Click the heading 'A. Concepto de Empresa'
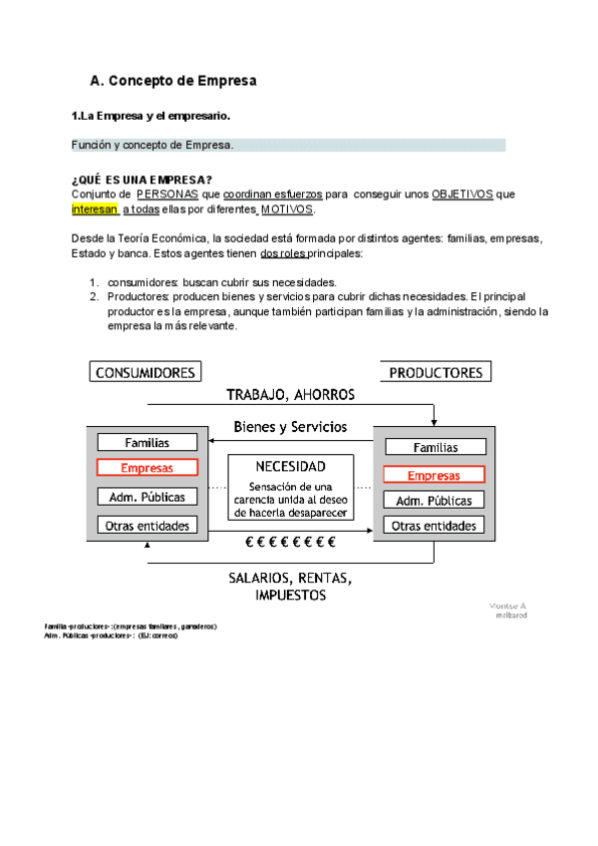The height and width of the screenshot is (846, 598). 173,80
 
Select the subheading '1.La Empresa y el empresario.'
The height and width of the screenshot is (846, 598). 150,116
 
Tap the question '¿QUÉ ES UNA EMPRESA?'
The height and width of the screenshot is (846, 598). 142,180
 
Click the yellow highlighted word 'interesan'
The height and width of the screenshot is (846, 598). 95,211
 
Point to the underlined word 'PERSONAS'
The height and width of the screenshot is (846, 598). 166,195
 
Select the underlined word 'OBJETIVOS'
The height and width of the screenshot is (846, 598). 462,195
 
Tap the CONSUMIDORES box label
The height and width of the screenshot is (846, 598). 146,372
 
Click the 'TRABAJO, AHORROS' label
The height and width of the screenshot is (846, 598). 290,394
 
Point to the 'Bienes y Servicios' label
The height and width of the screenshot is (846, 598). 290,427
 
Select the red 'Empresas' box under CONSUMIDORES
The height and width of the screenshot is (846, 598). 147,468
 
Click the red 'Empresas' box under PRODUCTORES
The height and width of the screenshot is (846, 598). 435,475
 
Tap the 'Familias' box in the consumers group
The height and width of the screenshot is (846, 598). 147,442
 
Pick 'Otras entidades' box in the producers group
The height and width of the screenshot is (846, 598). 435,526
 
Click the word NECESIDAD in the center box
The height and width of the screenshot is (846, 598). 290,466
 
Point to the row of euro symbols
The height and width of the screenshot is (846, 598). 290,543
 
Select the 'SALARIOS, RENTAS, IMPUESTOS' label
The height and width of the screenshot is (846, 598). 290,587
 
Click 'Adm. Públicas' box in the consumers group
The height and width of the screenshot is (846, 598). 147,497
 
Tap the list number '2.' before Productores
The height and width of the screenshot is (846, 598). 94,296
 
